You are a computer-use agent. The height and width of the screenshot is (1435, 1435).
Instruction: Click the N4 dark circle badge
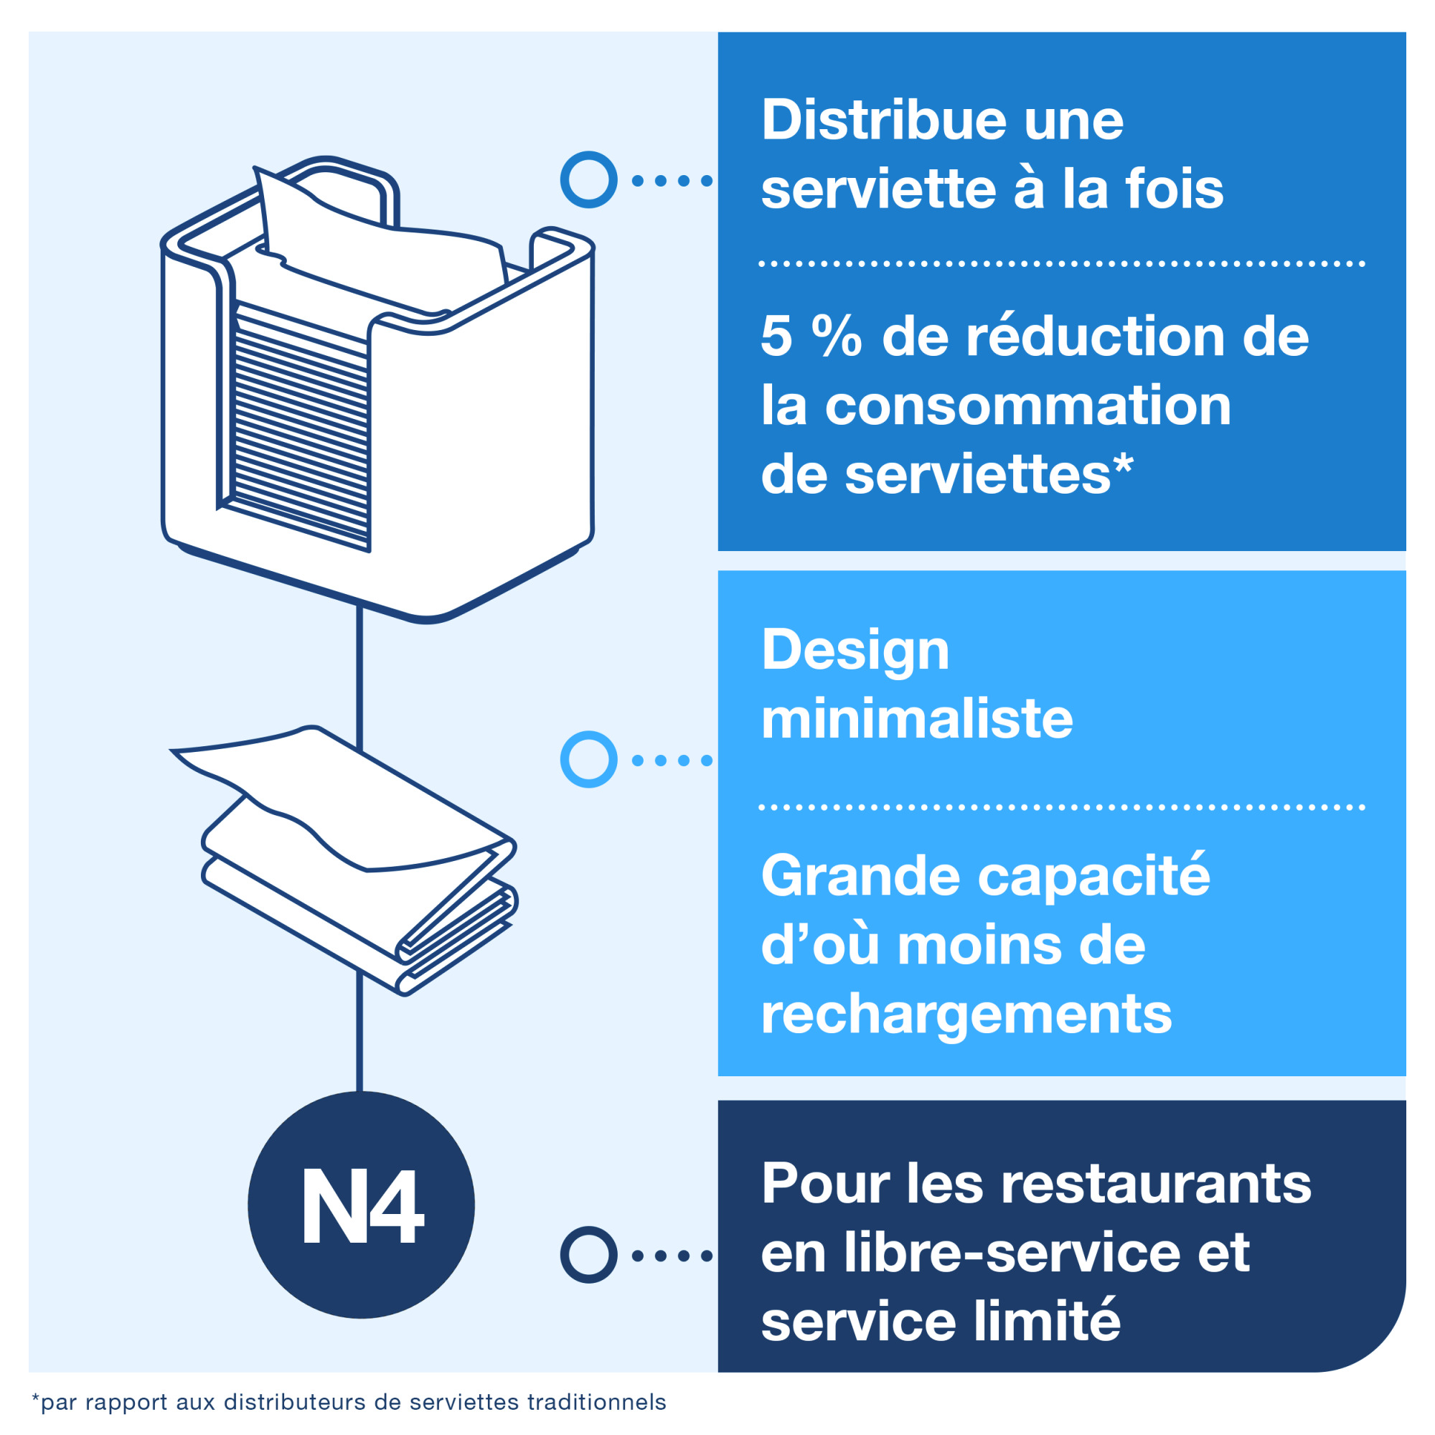pyautogui.click(x=361, y=1205)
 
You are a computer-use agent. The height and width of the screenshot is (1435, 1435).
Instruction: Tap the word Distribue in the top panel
pyautogui.click(x=883, y=120)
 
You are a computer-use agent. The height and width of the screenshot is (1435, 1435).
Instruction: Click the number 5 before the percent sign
pyautogui.click(x=777, y=336)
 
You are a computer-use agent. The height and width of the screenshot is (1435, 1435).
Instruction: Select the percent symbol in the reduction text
pyautogui.click(x=837, y=336)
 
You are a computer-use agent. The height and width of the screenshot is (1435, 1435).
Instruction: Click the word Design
pyautogui.click(x=855, y=650)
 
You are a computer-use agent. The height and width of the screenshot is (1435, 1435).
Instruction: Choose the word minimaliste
pyautogui.click(x=916, y=718)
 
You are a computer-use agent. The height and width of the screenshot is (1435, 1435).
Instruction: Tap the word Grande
pyautogui.click(x=860, y=875)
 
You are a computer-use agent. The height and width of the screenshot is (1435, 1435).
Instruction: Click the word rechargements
pyautogui.click(x=966, y=1015)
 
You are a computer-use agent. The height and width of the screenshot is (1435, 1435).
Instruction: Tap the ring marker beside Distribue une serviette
pyautogui.click(x=588, y=180)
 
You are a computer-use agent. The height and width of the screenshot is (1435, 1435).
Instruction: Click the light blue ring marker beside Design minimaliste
pyautogui.click(x=588, y=760)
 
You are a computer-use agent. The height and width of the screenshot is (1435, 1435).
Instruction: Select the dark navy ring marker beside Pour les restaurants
pyautogui.click(x=588, y=1254)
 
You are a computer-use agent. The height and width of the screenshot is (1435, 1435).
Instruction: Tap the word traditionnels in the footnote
pyautogui.click(x=596, y=1402)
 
